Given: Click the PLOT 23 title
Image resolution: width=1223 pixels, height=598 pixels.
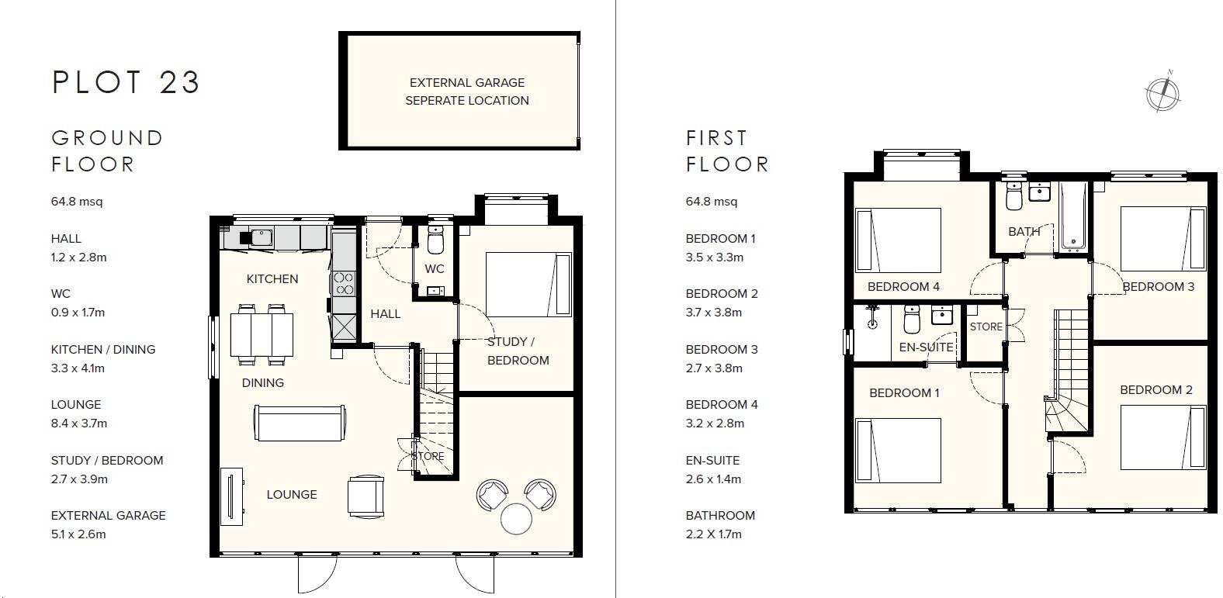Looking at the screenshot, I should [x=126, y=82].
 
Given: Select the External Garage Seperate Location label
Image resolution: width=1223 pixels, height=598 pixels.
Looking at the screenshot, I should [x=466, y=92].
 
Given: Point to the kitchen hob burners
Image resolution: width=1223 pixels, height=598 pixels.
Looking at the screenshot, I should [x=343, y=284].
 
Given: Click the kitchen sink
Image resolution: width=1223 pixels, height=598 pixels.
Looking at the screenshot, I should [x=259, y=237].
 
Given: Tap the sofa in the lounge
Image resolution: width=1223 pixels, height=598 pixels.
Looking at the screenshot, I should [x=299, y=423].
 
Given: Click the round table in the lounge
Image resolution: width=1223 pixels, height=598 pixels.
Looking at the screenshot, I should [x=517, y=519].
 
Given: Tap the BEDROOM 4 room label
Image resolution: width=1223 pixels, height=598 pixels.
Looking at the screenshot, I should [x=903, y=287].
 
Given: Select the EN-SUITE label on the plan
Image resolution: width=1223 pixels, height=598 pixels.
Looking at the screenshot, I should [x=926, y=347].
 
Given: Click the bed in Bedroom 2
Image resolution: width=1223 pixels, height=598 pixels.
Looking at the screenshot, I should [x=1163, y=438].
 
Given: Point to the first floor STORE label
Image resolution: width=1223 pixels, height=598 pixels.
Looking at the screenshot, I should [x=986, y=327].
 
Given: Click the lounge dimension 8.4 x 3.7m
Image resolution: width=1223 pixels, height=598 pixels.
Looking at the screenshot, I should [x=79, y=423].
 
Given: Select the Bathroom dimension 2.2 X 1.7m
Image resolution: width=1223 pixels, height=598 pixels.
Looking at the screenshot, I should [x=713, y=534].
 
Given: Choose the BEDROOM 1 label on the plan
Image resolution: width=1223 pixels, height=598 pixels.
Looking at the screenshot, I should [x=904, y=393].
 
